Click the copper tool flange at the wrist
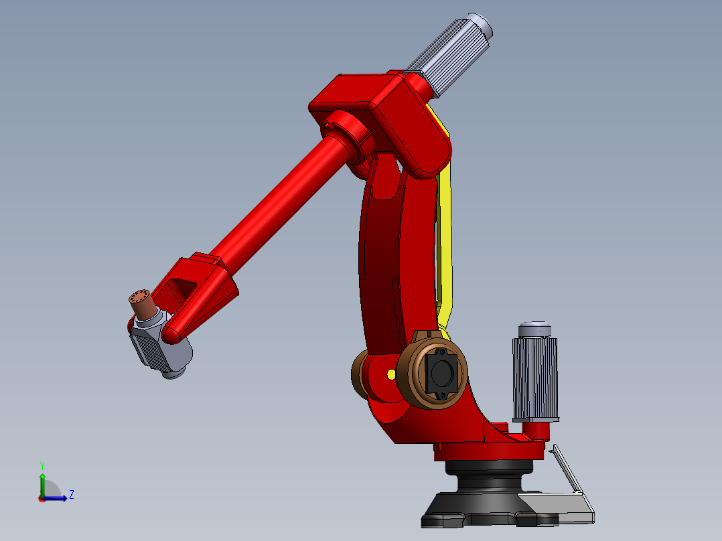point(142,305)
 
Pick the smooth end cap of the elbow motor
point(481,26)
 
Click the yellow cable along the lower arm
point(445,234)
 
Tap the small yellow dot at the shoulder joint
point(390,374)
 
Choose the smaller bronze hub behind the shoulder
point(362,376)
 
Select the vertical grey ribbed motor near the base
point(534,378)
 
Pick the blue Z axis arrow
point(58,497)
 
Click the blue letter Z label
point(71,495)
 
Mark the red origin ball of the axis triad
point(42,498)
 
